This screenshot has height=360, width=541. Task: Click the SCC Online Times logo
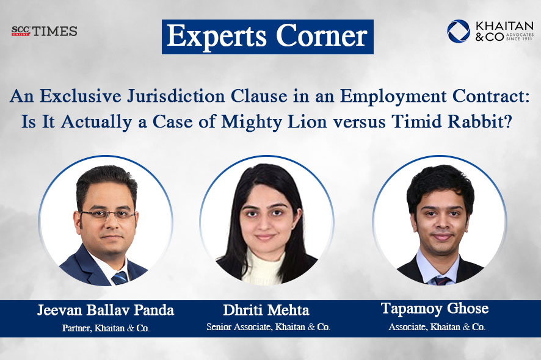tap(44, 31)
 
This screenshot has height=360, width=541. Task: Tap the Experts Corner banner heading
tap(267, 37)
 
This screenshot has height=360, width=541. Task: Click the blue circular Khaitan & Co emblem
tap(458, 31)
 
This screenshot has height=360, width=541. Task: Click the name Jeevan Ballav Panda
tap(105, 311)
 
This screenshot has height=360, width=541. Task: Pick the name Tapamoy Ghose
tap(435, 309)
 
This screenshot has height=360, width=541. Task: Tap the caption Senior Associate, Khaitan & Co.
tap(269, 328)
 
